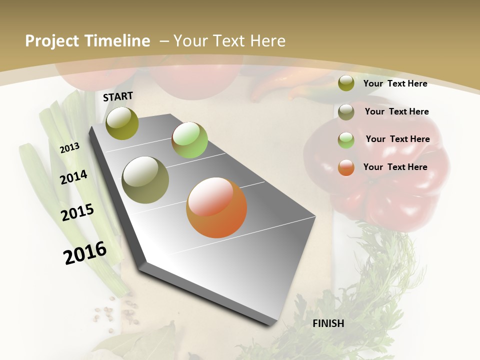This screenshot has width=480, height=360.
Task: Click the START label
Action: [118, 96]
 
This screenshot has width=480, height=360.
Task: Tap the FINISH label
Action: [328, 323]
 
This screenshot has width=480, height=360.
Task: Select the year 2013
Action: [69, 147]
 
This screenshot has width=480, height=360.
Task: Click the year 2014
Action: [73, 177]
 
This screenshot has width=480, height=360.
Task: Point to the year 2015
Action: [77, 212]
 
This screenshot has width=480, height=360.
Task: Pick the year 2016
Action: [85, 253]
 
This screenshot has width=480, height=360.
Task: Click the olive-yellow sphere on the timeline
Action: [122, 123]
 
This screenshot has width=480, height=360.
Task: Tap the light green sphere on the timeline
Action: [189, 140]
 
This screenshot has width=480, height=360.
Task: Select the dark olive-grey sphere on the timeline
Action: [145, 180]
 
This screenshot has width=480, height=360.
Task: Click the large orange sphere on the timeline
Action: [216, 207]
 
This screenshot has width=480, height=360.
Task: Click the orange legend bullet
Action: [346, 167]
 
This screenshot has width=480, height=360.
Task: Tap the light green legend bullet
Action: [346, 140]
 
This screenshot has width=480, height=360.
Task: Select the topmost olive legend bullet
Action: [346, 83]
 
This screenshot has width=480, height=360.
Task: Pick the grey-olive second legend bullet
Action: [346, 112]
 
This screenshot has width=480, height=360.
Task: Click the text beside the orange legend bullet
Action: [395, 167]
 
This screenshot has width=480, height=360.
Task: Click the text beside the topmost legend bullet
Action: [395, 83]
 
